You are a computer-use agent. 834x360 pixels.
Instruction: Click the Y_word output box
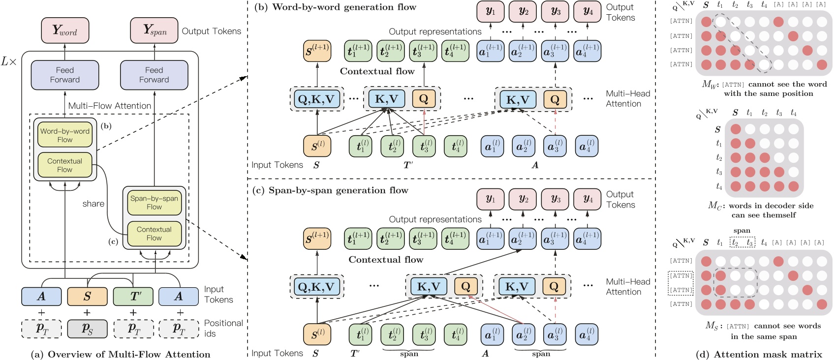point(64,30)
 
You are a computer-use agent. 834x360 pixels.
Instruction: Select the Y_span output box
point(154,30)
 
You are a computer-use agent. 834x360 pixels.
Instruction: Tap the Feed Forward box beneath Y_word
point(64,75)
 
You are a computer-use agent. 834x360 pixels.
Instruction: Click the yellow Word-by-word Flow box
point(64,135)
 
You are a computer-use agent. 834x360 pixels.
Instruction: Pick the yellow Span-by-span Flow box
point(154,202)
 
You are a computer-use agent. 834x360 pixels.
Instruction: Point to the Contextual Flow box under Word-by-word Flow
point(64,165)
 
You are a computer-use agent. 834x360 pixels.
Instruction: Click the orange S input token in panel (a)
point(87,296)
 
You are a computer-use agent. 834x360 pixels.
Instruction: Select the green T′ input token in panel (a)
point(133,296)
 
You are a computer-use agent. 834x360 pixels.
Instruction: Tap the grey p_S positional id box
point(87,329)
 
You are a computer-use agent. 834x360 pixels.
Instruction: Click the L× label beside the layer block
point(9,62)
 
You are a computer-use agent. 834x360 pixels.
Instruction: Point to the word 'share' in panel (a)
point(93,204)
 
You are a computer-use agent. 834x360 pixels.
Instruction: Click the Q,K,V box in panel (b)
point(316,99)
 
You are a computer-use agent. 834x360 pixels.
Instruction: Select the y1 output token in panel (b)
point(491,11)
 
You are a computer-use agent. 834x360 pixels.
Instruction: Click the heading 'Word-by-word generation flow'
point(344,7)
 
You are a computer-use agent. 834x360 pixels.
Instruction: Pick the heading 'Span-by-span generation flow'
point(338,190)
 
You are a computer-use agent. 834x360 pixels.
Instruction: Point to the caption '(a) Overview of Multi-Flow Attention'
point(120,354)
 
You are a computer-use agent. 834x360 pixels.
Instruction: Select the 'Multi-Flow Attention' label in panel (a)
point(110,106)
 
